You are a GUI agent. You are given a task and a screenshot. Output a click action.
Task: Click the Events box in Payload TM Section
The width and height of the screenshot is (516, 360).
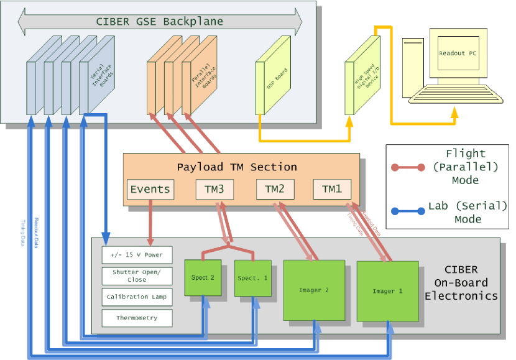coord(150,189)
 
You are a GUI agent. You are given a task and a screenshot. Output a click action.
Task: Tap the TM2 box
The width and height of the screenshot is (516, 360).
coord(274,189)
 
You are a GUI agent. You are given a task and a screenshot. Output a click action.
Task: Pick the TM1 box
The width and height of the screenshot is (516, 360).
coord(331,189)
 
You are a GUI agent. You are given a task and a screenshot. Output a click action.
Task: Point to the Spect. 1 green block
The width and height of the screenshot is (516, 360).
coord(252,277)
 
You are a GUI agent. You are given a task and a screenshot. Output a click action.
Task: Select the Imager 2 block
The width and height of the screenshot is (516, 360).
coord(313,290)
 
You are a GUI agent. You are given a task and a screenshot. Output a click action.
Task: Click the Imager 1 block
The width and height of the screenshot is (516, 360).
coord(387,291)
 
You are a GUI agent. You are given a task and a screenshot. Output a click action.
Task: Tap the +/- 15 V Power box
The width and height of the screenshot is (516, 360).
coord(137,254)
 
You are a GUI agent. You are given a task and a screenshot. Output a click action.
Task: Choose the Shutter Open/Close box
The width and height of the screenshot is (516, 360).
coord(137,275)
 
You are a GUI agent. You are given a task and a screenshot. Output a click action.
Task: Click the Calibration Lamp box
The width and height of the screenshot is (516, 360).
coord(137,297)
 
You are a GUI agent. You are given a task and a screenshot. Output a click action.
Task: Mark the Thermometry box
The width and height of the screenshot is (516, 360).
coord(137,318)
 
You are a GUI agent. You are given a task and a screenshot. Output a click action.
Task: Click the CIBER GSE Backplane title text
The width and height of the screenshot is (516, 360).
coord(159,22)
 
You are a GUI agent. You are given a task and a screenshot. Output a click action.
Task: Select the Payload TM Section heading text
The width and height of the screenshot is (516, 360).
coord(237,167)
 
